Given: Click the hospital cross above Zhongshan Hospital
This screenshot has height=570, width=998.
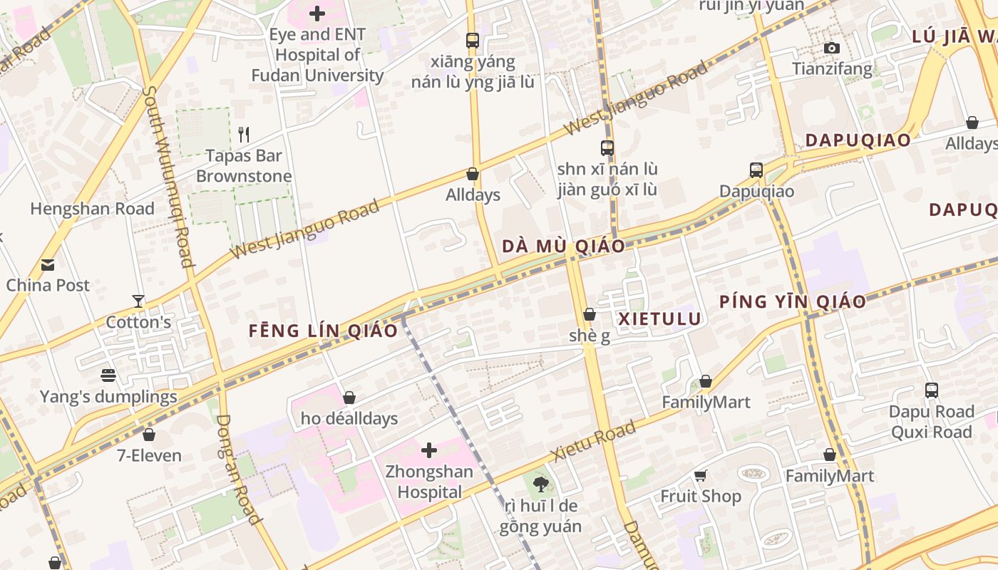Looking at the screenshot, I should point(428,450).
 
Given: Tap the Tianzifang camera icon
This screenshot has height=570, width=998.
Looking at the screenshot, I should point(831,48).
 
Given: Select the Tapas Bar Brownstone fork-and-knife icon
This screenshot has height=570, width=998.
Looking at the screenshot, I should point(244,134).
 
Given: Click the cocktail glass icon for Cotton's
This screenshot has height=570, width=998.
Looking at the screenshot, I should point(138,301).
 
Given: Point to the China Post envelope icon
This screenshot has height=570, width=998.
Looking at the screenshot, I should point(48,265).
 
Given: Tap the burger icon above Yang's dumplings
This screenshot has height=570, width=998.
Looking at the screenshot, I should point(108,375).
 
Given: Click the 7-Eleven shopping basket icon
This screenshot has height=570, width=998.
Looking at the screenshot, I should point(149,434).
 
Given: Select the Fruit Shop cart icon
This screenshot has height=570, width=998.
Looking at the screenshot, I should point(700,475).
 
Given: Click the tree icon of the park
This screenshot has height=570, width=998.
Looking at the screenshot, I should point(540,484).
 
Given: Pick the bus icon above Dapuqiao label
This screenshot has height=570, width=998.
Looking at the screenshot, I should point(756,170).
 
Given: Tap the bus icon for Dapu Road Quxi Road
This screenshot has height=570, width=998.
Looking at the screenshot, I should point(931,390).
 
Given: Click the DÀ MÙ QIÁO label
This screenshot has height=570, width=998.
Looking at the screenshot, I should point(563,247).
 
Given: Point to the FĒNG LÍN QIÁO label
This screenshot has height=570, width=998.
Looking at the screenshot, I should point(323,331).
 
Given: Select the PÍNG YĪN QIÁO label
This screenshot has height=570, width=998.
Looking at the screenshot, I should point(792,301).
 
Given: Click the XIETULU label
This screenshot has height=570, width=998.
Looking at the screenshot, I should point(660,318).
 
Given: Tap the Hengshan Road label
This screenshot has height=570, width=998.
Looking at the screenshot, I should point(92,209).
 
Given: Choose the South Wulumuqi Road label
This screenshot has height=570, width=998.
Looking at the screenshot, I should point(168,176).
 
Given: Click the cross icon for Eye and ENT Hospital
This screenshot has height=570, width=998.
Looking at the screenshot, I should point(317,14).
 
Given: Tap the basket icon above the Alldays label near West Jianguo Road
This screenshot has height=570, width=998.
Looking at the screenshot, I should point(472,174).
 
